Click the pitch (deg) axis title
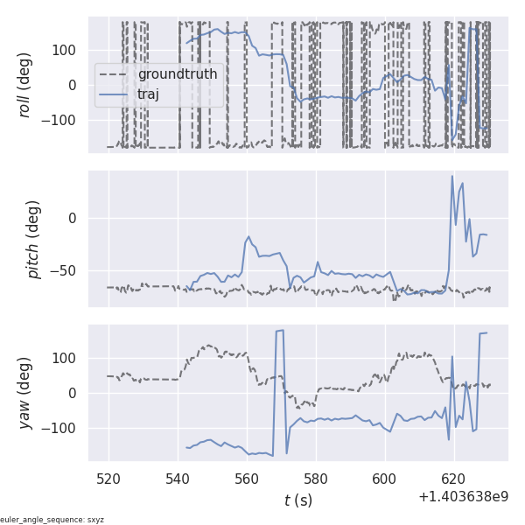pos(34,239)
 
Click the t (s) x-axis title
pos(298,500)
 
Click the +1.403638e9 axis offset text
pos(463,497)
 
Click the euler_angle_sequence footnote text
pos(52,520)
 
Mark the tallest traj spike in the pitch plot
pos(452,176)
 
